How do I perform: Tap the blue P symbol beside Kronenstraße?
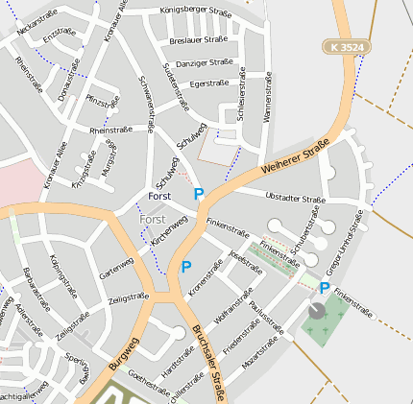186,267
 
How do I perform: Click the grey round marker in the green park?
317,310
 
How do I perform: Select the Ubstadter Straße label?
295,199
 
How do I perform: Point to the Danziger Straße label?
204,62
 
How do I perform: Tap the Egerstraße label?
209,84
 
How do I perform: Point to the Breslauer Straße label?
198,40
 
